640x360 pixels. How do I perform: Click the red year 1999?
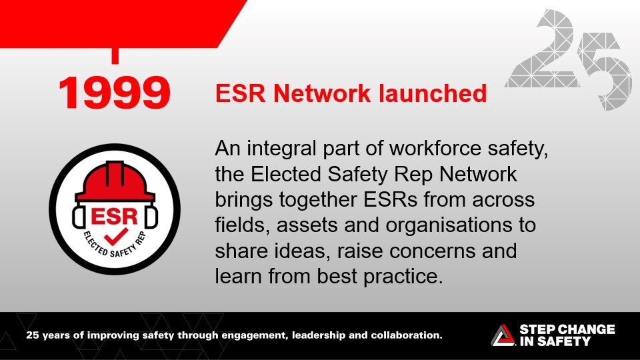(114, 93)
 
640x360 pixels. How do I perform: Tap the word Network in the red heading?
(322, 93)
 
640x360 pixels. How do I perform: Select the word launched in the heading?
(433, 93)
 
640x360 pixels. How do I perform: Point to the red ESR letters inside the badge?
(114, 216)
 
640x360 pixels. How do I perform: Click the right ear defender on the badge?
(151, 217)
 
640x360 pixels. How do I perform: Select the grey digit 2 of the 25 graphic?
(543, 49)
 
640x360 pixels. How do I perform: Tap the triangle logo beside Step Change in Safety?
(503, 335)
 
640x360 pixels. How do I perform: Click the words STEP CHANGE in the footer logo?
(567, 329)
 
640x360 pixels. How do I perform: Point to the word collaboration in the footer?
(407, 335)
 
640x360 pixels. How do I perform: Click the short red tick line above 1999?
(115, 56)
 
